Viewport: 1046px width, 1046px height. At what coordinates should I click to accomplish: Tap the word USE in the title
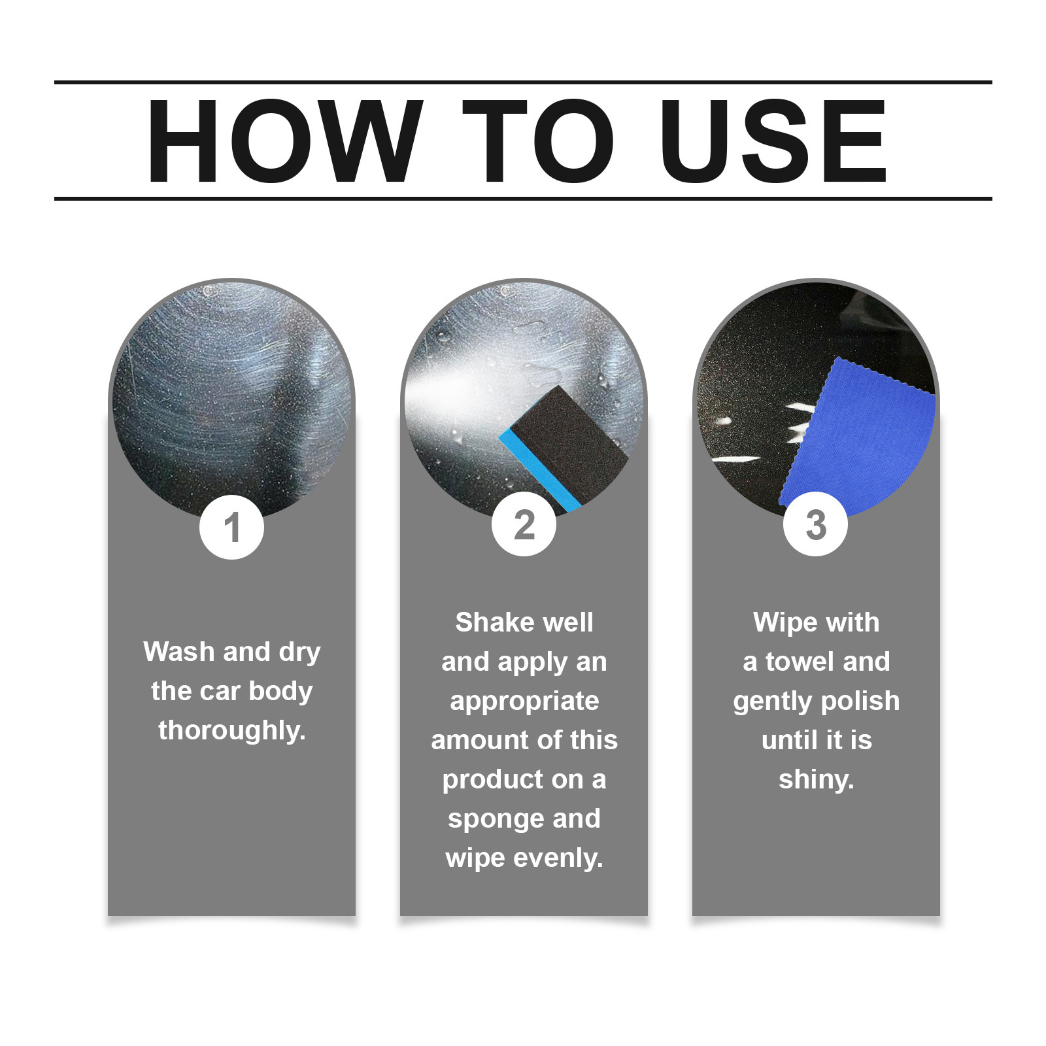coord(773,141)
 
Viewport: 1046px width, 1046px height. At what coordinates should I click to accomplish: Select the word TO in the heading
coord(538,141)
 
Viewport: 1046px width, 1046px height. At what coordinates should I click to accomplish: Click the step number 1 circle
coord(231,527)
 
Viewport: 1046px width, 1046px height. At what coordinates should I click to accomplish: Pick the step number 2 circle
coord(524,524)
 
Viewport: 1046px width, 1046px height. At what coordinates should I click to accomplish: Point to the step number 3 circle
coord(815,524)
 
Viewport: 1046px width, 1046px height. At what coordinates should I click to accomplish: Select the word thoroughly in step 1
coord(231,731)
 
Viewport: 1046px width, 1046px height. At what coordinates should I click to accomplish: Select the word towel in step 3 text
coord(801,662)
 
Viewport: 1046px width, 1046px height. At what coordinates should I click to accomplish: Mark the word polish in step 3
coord(861,701)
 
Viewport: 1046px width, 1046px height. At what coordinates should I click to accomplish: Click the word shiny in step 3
coord(816,780)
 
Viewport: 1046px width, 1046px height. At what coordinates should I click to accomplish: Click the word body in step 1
coord(280,692)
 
